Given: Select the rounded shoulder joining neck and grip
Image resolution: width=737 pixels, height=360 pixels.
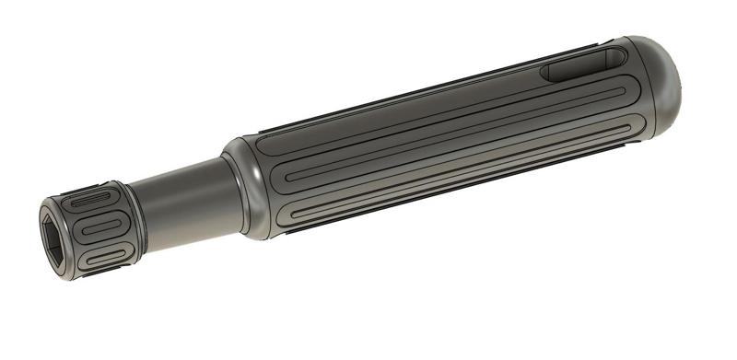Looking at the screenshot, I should pyautogui.click(x=241, y=189).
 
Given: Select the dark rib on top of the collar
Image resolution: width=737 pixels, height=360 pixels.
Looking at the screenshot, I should pyautogui.click(x=88, y=184).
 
